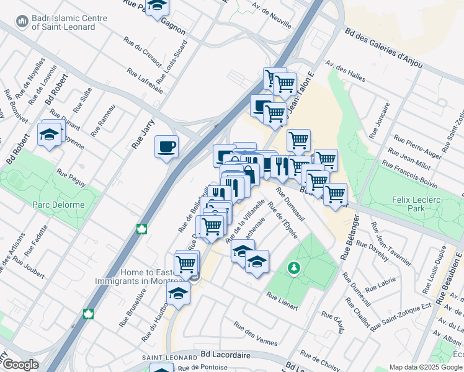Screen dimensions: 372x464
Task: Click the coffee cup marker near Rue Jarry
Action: (166, 148)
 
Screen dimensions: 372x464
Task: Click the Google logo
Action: (20, 365)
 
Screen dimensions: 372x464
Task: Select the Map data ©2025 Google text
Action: (425, 367)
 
